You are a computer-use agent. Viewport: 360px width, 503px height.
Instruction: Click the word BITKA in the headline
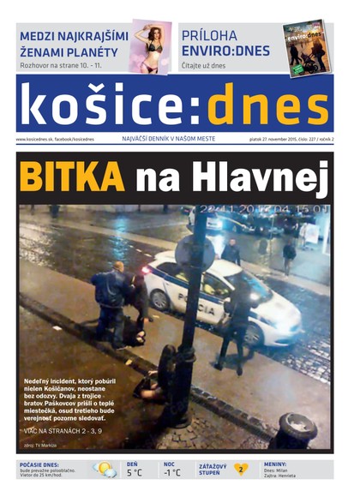tap(71, 177)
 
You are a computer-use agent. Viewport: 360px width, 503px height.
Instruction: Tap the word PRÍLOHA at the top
tap(215, 35)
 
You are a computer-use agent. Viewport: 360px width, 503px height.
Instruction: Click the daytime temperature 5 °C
tap(135, 472)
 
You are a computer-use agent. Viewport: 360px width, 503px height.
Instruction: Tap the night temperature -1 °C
tap(172, 472)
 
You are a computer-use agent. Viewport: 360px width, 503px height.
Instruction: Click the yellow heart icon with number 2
tap(241, 470)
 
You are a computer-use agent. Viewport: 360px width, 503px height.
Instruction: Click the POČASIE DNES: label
tap(39, 464)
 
